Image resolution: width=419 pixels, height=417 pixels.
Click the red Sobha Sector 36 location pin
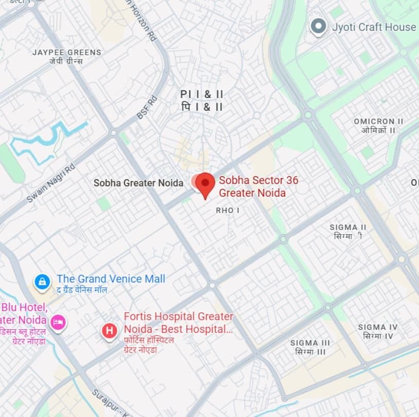pyautogui.click(x=206, y=184)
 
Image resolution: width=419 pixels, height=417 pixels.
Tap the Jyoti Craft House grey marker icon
pyautogui.click(x=319, y=26)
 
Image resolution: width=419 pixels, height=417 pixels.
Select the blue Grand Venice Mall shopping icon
pyautogui.click(x=42, y=281)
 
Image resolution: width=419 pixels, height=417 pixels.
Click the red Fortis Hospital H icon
pyautogui.click(x=109, y=331)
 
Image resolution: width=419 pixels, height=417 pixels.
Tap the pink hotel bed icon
pyautogui.click(x=57, y=321)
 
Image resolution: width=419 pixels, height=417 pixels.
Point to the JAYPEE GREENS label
pyautogui.click(x=67, y=52)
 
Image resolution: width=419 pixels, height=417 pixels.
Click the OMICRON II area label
pyautogui.click(x=378, y=121)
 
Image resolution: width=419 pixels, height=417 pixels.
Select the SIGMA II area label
pyautogui.click(x=348, y=227)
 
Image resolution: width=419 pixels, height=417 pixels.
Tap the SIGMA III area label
pyautogui.click(x=310, y=343)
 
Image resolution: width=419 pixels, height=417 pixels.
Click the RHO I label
pyautogui.click(x=228, y=211)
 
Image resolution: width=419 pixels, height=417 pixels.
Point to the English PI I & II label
pyautogui.click(x=202, y=94)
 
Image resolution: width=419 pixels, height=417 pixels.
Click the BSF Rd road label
pyautogui.click(x=147, y=108)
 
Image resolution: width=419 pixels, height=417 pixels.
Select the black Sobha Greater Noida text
pyautogui.click(x=138, y=183)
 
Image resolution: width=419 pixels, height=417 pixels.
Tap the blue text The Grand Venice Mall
pyautogui.click(x=111, y=278)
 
